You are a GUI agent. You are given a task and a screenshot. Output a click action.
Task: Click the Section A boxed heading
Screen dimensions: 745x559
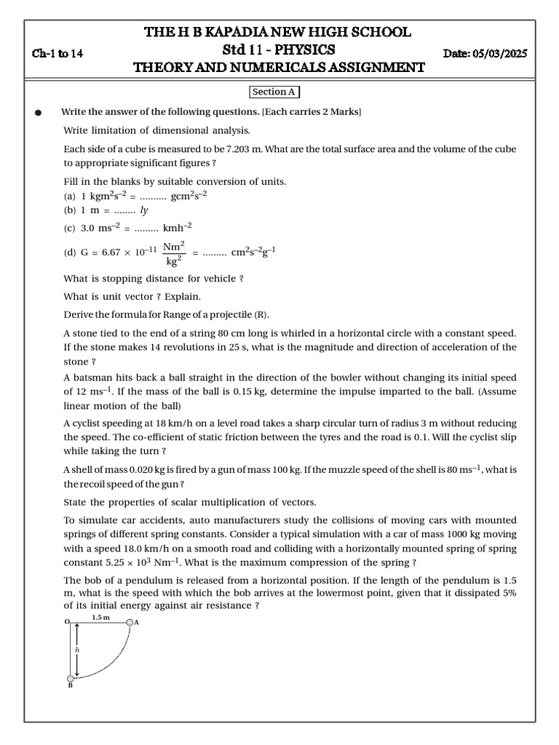click(x=274, y=92)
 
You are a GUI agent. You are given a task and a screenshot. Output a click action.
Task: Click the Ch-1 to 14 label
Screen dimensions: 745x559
click(x=58, y=54)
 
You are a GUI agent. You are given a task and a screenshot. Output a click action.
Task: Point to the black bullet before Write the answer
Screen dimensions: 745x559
click(x=39, y=113)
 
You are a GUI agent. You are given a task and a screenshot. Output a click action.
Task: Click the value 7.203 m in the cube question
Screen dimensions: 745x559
click(x=243, y=149)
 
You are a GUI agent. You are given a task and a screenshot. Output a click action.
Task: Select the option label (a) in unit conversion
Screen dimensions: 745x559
click(x=70, y=196)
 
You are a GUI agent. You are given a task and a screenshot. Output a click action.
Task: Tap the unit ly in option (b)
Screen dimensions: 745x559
click(x=144, y=210)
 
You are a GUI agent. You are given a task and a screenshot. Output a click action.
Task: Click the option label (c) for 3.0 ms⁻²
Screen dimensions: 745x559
click(x=70, y=228)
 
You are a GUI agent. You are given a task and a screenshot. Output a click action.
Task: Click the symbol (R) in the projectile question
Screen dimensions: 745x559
click(x=261, y=315)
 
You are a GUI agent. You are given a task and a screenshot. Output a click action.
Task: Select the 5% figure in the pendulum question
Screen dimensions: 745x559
click(x=508, y=593)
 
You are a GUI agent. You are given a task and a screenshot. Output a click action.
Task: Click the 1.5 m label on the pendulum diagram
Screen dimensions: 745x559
click(x=100, y=617)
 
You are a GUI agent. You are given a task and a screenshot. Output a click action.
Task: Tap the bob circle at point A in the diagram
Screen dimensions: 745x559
click(x=130, y=623)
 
